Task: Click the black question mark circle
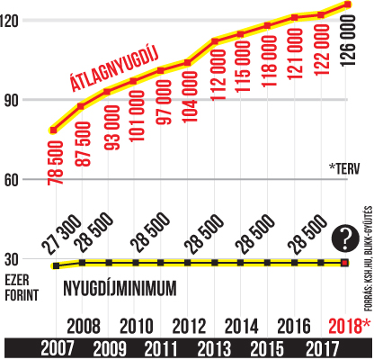coord(345,238)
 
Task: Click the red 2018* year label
coord(349,326)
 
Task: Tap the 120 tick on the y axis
coord(9,21)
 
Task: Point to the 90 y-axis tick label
coord(12,100)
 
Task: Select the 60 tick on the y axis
coord(12,180)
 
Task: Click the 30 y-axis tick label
coord(12,259)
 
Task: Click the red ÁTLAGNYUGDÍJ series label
coord(114,68)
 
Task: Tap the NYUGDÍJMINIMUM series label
coord(120,289)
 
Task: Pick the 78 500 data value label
coord(56,163)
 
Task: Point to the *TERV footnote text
coord(344,169)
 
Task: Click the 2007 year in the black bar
coord(58,349)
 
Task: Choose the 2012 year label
coord(189,326)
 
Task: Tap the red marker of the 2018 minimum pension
coord(345,263)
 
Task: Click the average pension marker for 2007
coord(54,130)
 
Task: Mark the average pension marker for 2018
coord(348,4)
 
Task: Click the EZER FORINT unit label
coord(22,287)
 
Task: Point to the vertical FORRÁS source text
coord(369,258)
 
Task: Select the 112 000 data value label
coord(218,75)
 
